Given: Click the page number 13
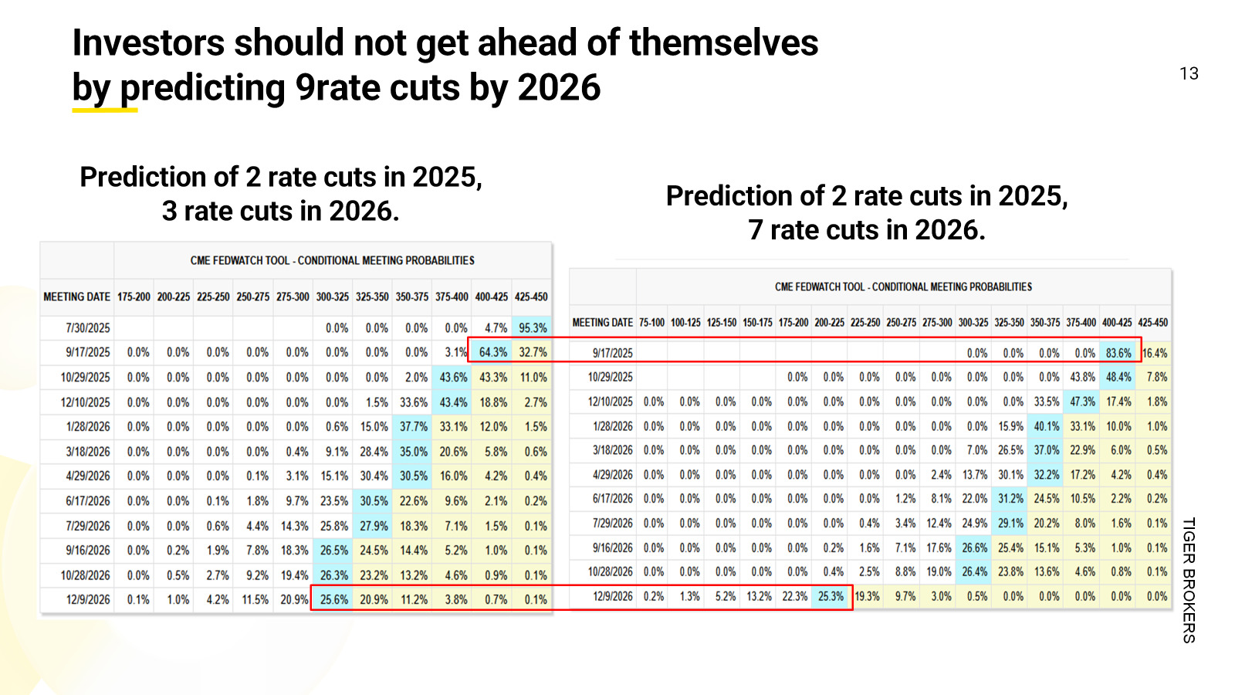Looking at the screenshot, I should pyautogui.click(x=1189, y=73).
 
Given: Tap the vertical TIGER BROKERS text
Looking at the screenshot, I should pyautogui.click(x=1189, y=580).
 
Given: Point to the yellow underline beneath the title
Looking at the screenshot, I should pyautogui.click(x=105, y=110).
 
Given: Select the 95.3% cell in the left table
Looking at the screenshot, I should pyautogui.click(x=533, y=327).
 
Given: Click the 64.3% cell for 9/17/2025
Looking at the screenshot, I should pyautogui.click(x=492, y=352).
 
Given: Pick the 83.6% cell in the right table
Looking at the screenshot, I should pyautogui.click(x=1118, y=353).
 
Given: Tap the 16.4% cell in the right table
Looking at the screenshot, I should pyautogui.click(x=1155, y=353).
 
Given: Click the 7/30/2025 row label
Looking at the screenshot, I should pyautogui.click(x=88, y=327).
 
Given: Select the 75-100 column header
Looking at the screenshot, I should pyautogui.click(x=652, y=322).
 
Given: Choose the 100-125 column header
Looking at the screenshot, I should pyautogui.click(x=685, y=322).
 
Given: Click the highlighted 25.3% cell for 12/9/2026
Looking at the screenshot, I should pyautogui.click(x=831, y=596).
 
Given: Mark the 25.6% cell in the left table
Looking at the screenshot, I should pyautogui.click(x=334, y=599).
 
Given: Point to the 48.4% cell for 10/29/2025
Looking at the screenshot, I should pyautogui.click(x=1118, y=378).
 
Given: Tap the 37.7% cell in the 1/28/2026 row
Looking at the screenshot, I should pyautogui.click(x=414, y=426).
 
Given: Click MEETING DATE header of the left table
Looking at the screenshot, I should pyautogui.click(x=76, y=297).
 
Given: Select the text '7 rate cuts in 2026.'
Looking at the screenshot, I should pyautogui.click(x=867, y=229).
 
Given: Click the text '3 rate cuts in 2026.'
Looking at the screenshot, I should pyautogui.click(x=281, y=211).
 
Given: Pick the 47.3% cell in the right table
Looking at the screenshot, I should pyautogui.click(x=1082, y=402).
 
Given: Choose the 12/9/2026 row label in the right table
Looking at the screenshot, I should pyautogui.click(x=613, y=596).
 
